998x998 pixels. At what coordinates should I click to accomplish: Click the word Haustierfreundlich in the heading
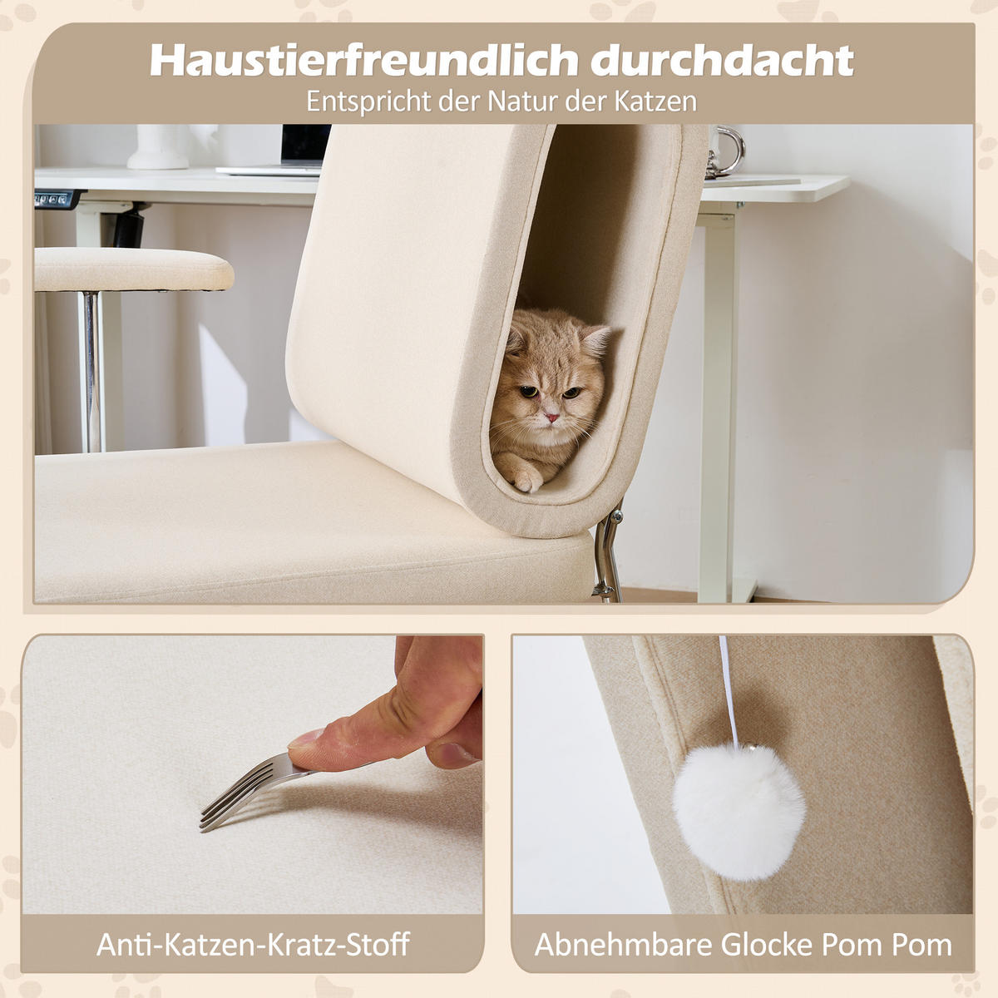[x=363, y=61]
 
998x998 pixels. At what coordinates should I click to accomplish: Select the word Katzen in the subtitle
[x=653, y=101]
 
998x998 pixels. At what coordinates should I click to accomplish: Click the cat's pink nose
[x=551, y=415]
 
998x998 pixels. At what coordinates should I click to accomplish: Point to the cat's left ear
[x=596, y=339]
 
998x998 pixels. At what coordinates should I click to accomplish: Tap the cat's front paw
[x=526, y=477]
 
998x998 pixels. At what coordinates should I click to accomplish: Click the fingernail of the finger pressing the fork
[x=306, y=737]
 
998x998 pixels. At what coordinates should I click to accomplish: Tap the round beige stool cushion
[x=133, y=269]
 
